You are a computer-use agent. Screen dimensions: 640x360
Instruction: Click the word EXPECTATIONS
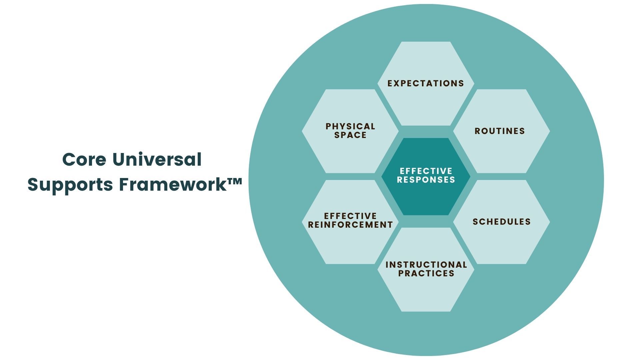pos(426,83)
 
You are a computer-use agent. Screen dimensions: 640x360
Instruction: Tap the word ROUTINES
pos(500,131)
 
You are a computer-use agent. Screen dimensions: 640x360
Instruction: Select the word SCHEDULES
pos(502,222)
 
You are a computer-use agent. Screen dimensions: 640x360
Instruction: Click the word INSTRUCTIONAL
pos(426,265)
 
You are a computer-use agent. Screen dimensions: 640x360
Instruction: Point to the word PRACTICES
pos(426,273)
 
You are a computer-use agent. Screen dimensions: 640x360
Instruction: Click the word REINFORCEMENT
pos(350,225)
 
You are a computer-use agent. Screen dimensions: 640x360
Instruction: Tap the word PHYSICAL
pos(350,126)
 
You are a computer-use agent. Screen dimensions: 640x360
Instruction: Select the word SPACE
pos(350,135)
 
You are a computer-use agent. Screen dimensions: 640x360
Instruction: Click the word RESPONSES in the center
pos(426,180)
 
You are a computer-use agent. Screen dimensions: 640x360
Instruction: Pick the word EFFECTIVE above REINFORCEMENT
pos(350,216)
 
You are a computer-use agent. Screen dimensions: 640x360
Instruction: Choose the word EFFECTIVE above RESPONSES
pos(426,171)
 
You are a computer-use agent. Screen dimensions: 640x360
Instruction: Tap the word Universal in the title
pos(157,159)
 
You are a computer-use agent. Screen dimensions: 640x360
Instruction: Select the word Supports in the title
pos(70,184)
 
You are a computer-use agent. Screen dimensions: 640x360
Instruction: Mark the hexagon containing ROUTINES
pos(502,150)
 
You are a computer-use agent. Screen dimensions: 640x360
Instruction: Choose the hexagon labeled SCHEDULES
pos(502,240)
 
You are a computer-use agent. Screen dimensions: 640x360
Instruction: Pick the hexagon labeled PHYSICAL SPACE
pos(350,153)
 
